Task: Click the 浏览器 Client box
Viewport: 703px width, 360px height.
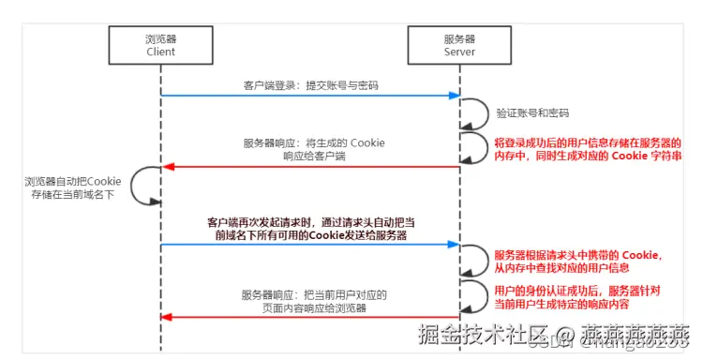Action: click(x=161, y=45)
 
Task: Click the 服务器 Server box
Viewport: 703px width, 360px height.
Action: click(x=458, y=45)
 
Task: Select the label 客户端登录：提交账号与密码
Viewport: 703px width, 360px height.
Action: click(x=309, y=85)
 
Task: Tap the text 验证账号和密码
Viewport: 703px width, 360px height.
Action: click(x=532, y=112)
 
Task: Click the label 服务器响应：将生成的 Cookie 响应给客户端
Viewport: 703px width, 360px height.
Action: click(x=314, y=149)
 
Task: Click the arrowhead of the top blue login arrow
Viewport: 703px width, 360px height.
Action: click(x=454, y=96)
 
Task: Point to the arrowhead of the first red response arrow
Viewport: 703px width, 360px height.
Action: click(x=168, y=167)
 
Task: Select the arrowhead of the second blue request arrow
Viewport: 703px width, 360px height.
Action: click(x=454, y=246)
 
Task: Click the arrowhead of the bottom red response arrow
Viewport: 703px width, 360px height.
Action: click(x=168, y=317)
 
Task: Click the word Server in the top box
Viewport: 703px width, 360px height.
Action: click(x=458, y=52)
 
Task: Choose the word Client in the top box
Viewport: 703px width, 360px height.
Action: click(x=161, y=52)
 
